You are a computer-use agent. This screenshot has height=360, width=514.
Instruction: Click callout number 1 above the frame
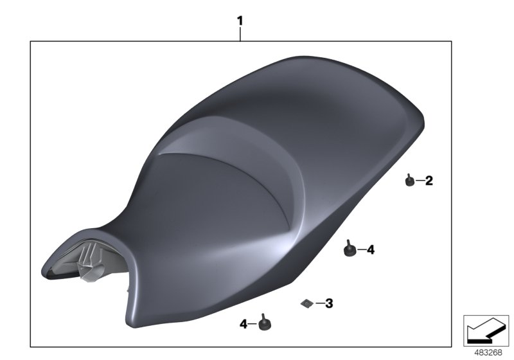(x=240, y=21)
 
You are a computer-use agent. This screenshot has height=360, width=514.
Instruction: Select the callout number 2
(x=429, y=181)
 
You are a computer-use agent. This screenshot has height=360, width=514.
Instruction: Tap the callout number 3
(x=328, y=302)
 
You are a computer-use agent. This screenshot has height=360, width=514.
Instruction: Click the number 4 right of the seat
(x=370, y=249)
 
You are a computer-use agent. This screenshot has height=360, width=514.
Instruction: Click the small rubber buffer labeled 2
(x=409, y=182)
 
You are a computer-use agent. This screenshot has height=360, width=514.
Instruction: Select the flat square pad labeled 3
(x=307, y=302)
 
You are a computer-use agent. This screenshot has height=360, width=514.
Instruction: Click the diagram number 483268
(x=488, y=352)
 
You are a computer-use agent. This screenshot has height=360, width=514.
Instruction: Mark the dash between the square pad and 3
(x=318, y=302)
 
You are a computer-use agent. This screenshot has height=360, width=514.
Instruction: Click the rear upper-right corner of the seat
(x=418, y=119)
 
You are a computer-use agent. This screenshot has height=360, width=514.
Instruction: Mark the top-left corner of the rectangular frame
(x=31, y=42)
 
